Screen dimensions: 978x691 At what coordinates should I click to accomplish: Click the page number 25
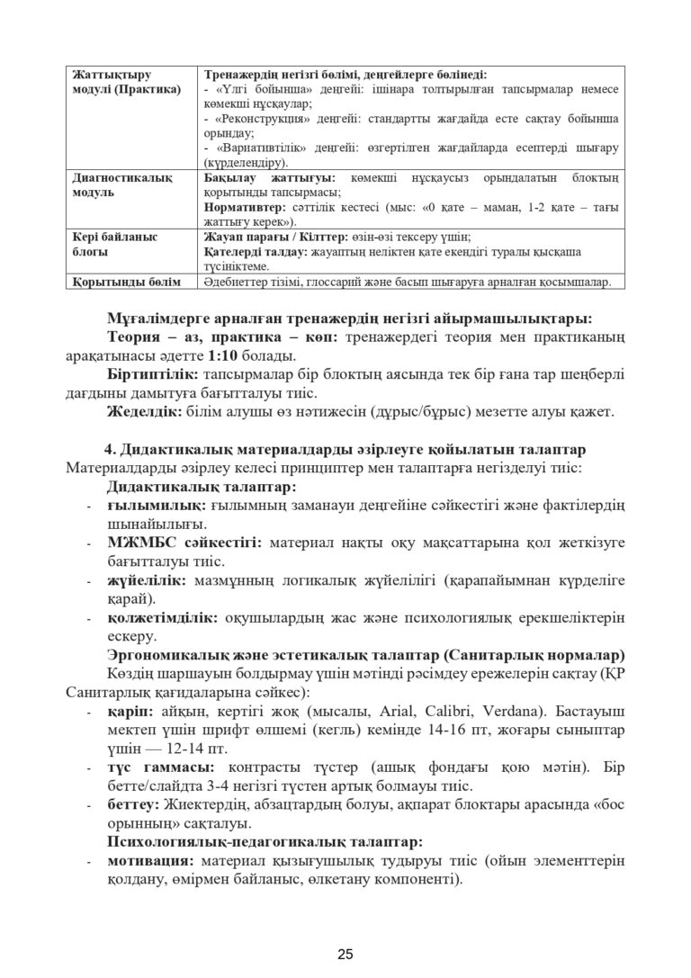(x=345, y=954)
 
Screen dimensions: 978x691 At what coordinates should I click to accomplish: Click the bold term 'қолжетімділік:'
(x=161, y=619)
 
